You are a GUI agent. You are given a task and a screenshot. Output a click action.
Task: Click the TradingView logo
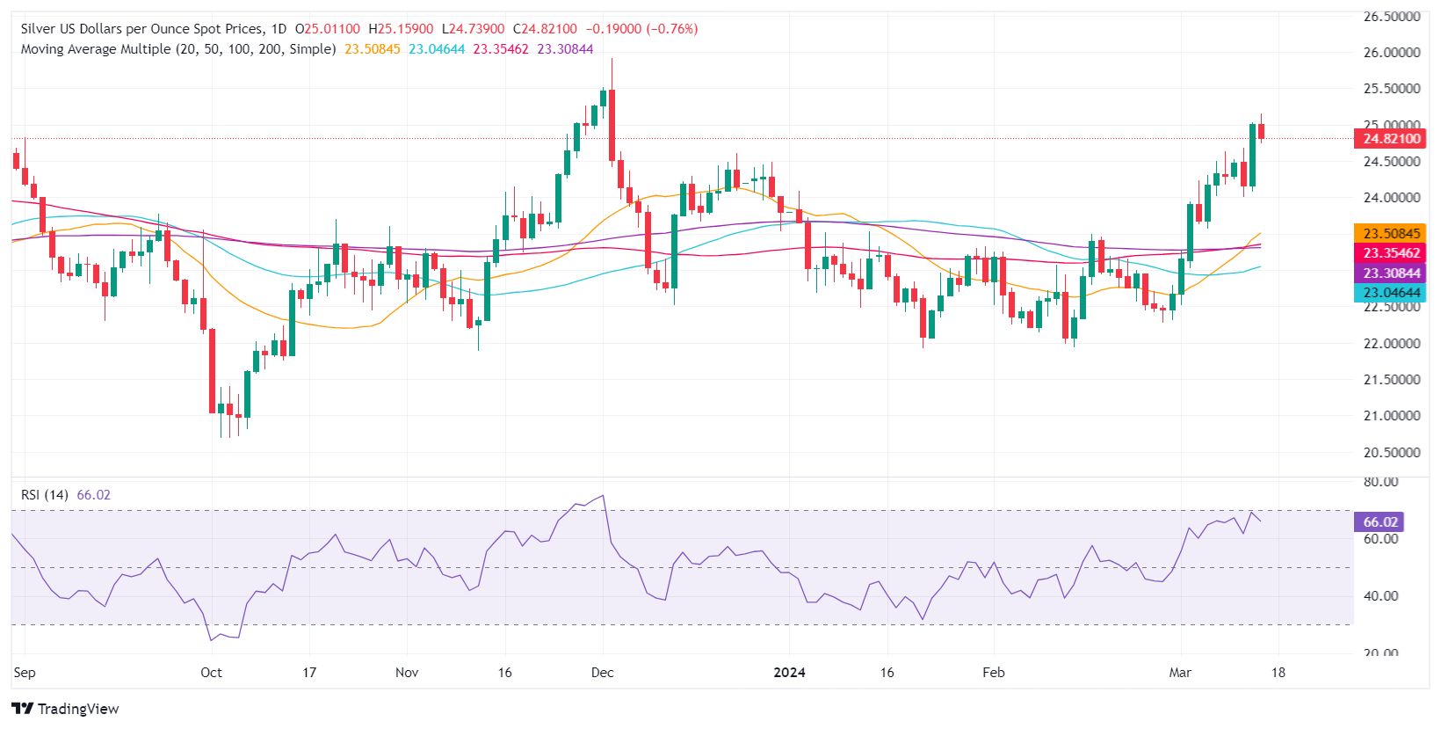click(66, 709)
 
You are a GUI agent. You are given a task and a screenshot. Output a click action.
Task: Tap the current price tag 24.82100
click(1391, 139)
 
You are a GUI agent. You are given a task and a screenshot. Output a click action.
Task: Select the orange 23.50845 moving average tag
click(1391, 234)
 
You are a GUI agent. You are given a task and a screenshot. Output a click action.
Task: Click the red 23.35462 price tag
click(1391, 253)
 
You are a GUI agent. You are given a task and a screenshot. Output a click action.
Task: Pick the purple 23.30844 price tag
click(1391, 273)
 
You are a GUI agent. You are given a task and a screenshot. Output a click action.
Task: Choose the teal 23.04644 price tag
click(1391, 293)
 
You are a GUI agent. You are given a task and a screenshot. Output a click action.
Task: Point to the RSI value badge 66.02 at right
click(1379, 522)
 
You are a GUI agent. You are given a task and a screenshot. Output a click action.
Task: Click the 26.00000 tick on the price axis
click(1391, 53)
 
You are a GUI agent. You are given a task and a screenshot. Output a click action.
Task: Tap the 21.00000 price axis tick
click(1391, 416)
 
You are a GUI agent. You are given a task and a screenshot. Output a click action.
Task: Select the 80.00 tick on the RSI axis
click(1380, 482)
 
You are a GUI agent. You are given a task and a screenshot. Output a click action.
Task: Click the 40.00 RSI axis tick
click(1380, 596)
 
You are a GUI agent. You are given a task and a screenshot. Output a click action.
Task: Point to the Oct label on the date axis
click(211, 673)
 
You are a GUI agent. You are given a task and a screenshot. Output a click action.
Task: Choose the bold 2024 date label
click(789, 673)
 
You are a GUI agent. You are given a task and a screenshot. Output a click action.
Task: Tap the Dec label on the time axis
click(603, 673)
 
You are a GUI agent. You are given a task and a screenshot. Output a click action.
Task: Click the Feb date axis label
click(994, 673)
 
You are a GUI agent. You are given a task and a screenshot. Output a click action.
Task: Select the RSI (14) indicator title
click(45, 495)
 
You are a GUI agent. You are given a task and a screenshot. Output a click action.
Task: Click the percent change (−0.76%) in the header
click(672, 29)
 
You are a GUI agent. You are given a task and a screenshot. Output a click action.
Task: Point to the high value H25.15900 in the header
click(401, 29)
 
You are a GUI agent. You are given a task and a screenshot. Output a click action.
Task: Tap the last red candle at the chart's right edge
click(1262, 132)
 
